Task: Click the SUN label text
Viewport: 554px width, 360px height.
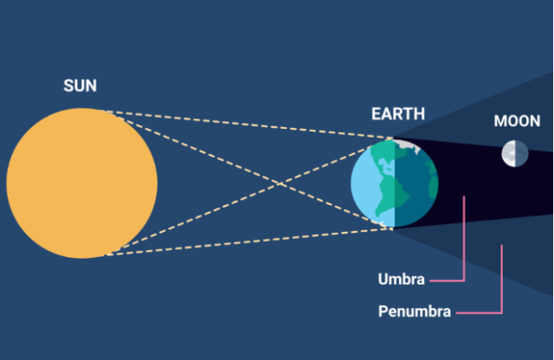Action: pyautogui.click(x=80, y=86)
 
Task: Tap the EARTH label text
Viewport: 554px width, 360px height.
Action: pyautogui.click(x=398, y=113)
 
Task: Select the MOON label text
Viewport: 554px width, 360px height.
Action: pyautogui.click(x=517, y=121)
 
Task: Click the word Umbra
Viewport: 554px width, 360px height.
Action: pyautogui.click(x=401, y=280)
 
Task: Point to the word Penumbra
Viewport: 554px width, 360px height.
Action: pyautogui.click(x=415, y=312)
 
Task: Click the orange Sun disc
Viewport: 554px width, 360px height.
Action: pyautogui.click(x=82, y=183)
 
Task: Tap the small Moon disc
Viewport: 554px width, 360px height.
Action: pyautogui.click(x=515, y=153)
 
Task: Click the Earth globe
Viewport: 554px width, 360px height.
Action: pyautogui.click(x=395, y=183)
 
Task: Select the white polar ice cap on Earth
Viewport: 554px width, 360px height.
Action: pyautogui.click(x=406, y=145)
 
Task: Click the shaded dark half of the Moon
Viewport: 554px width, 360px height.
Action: pyautogui.click(x=521, y=153)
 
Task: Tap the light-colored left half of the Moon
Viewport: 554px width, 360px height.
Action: pyautogui.click(x=508, y=153)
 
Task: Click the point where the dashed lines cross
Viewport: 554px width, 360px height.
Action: pyautogui.click(x=280, y=183)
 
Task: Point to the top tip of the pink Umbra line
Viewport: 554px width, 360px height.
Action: pyautogui.click(x=464, y=196)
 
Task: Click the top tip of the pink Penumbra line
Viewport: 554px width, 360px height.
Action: pyautogui.click(x=502, y=245)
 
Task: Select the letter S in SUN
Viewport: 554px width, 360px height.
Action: pyautogui.click(x=68, y=86)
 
